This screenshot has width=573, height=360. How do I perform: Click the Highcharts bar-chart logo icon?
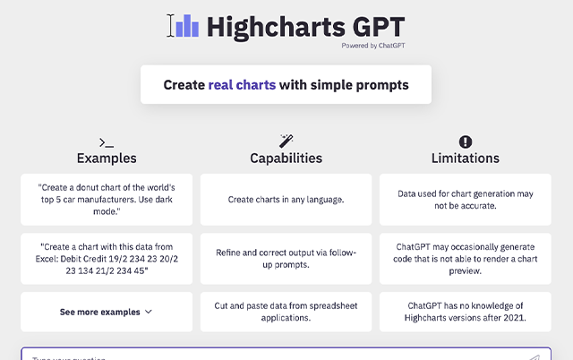click(x=186, y=26)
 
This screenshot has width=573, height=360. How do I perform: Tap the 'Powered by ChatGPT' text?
click(x=372, y=44)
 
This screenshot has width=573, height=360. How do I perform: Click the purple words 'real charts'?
click(x=242, y=85)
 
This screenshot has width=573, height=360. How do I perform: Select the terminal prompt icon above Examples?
click(x=107, y=141)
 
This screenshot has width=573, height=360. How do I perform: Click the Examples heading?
click(x=107, y=159)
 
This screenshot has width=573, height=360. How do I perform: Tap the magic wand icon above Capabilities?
click(x=286, y=141)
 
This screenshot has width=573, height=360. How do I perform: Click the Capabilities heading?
click(x=286, y=159)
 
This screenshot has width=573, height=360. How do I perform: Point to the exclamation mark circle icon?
click(x=465, y=141)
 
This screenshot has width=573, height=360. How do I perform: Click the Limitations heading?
click(x=465, y=159)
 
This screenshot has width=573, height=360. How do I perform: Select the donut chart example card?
click(x=107, y=199)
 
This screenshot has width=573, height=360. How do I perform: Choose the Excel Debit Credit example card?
click(x=107, y=259)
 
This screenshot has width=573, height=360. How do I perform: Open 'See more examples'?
click(x=100, y=313)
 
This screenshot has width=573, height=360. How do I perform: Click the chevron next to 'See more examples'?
click(x=149, y=313)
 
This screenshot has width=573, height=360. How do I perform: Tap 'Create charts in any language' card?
click(x=286, y=199)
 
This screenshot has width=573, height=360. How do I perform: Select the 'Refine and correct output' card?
click(x=286, y=259)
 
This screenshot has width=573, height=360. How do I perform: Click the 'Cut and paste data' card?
click(x=286, y=312)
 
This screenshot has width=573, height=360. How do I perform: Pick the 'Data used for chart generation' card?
click(x=465, y=199)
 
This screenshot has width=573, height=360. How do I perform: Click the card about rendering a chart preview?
click(x=465, y=259)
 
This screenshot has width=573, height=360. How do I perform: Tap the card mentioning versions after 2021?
click(x=465, y=312)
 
